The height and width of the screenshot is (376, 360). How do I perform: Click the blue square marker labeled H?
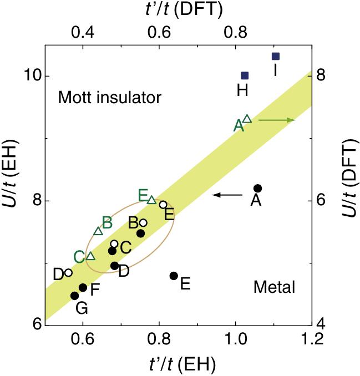245,75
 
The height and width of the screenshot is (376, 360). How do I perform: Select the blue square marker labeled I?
276,56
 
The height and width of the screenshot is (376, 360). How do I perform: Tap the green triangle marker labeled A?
247,119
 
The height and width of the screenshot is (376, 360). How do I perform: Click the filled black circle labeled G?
74,296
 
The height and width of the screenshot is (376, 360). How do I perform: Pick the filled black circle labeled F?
83,287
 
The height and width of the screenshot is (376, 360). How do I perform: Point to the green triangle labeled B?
98,231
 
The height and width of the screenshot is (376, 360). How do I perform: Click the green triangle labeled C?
90,256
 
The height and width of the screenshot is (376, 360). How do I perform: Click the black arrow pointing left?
227,195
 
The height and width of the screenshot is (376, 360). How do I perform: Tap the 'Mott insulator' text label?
109,99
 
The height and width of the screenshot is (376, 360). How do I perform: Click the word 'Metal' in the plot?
273,287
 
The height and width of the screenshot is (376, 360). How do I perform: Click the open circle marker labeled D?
68,272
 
